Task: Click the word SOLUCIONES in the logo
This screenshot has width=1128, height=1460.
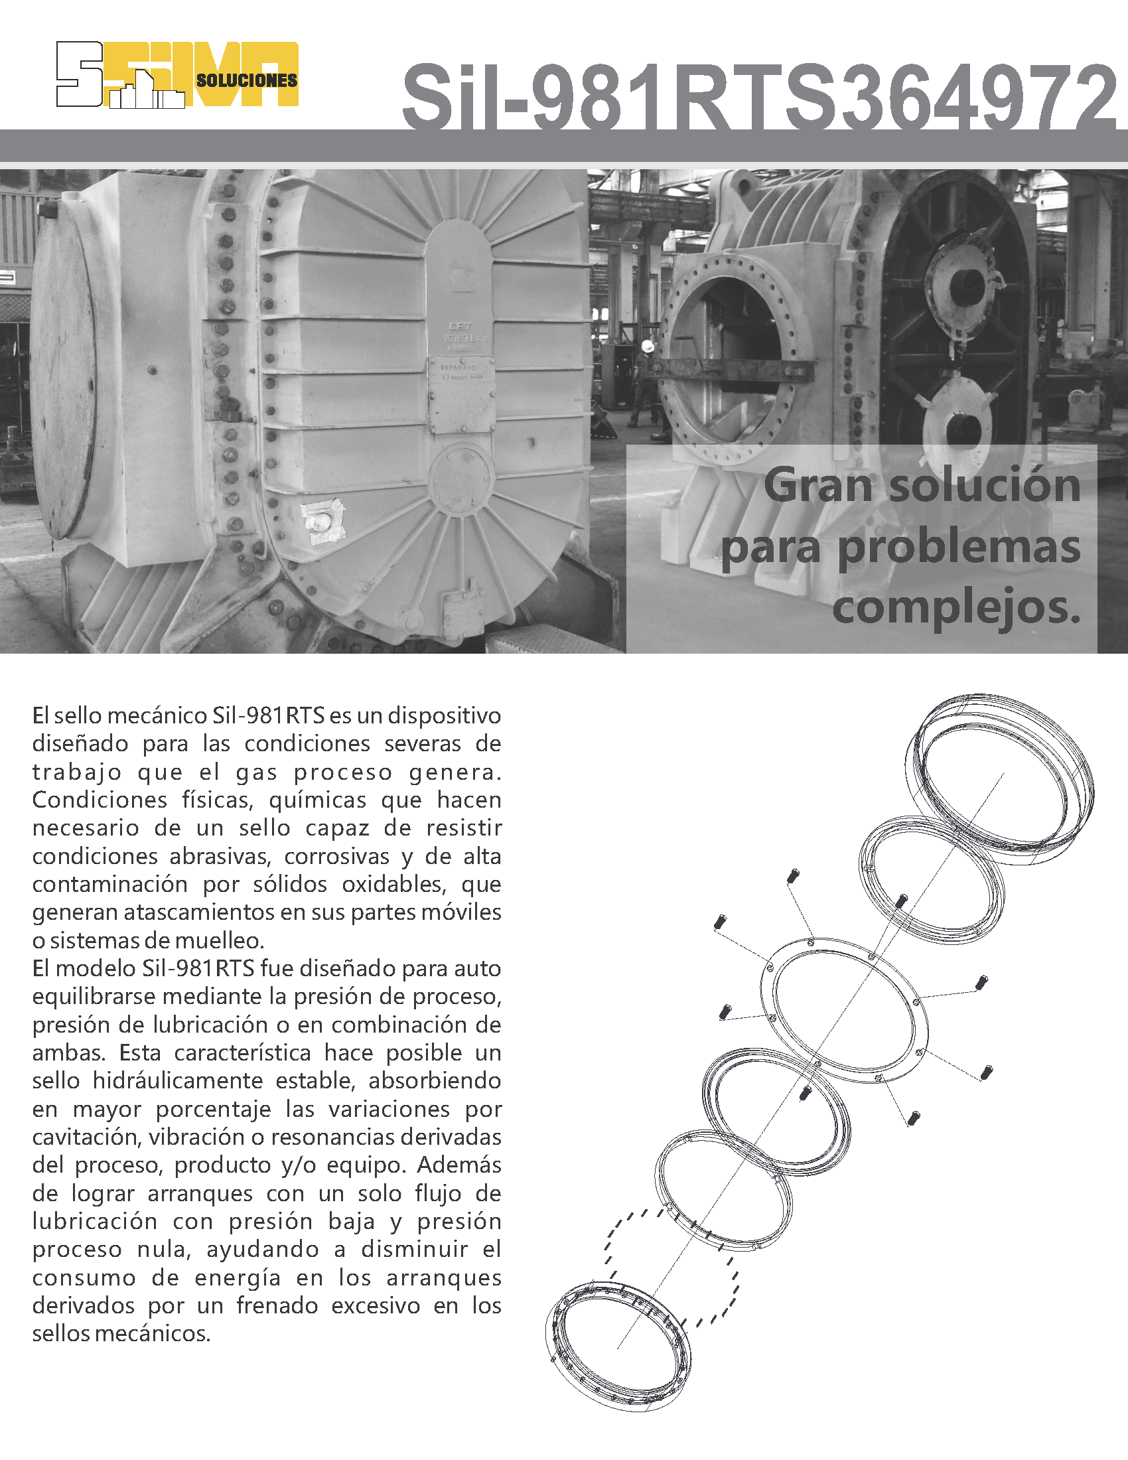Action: pos(247,80)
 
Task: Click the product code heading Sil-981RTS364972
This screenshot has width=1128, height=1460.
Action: pos(758,98)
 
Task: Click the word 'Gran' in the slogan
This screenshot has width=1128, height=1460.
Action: pos(818,485)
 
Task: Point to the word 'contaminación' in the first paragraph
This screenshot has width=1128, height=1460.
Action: pos(110,884)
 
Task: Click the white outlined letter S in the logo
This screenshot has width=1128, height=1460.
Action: pos(79,74)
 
